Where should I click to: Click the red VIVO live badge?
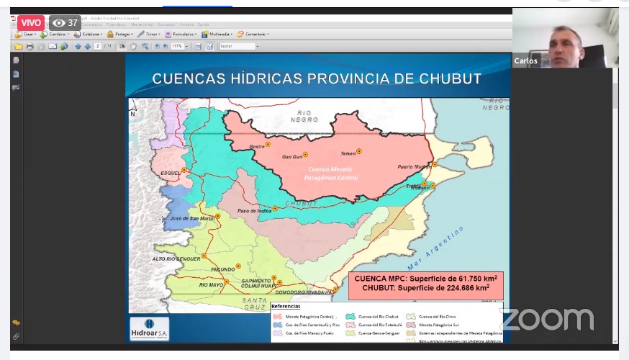click(x=31, y=22)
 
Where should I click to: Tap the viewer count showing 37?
click(x=65, y=22)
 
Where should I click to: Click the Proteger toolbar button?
click(x=119, y=34)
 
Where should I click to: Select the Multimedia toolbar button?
click(x=216, y=34)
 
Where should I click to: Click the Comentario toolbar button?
click(x=253, y=34)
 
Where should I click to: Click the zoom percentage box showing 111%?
click(x=177, y=46)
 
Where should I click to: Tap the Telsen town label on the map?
click(x=349, y=153)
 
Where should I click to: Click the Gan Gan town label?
click(x=291, y=156)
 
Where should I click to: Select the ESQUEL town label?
click(x=171, y=173)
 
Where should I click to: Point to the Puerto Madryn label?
click(x=415, y=167)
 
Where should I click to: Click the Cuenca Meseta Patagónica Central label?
click(x=330, y=174)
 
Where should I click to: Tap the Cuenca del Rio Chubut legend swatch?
click(x=350, y=316)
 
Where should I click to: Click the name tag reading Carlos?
click(x=525, y=61)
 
